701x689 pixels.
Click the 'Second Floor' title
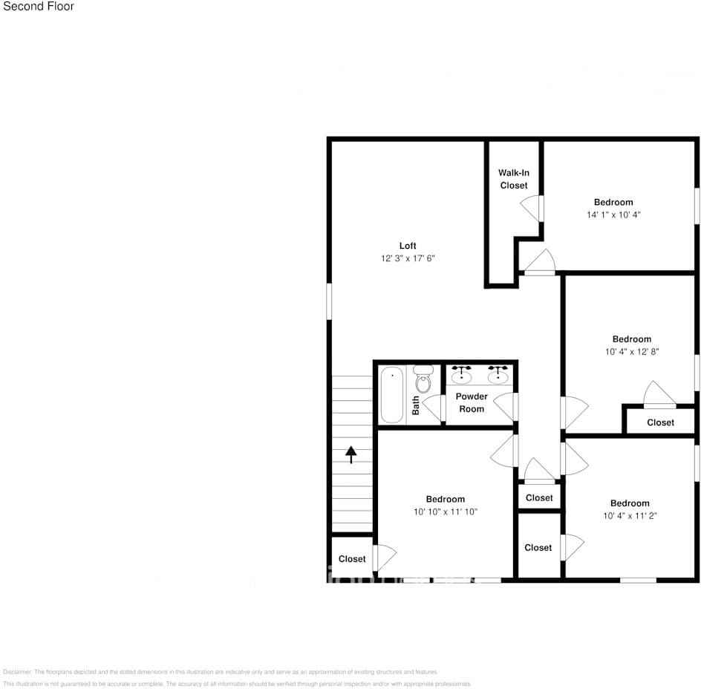point(39,7)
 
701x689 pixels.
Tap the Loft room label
point(408,246)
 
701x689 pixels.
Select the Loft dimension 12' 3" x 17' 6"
point(408,258)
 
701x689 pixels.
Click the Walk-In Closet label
point(514,179)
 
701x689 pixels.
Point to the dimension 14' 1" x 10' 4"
point(613,215)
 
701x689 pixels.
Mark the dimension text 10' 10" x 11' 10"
point(446,512)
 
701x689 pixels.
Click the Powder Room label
point(472,402)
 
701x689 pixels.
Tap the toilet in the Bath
point(423,379)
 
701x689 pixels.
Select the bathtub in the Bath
point(391,395)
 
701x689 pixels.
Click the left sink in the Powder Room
point(462,373)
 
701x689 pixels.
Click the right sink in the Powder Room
point(498,373)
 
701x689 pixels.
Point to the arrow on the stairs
point(351,454)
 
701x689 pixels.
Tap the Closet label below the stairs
point(352,559)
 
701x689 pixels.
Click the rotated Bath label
point(416,405)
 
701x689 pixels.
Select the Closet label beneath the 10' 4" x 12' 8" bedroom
point(660,422)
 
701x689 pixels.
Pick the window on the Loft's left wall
point(330,301)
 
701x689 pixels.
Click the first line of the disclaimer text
point(221,671)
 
